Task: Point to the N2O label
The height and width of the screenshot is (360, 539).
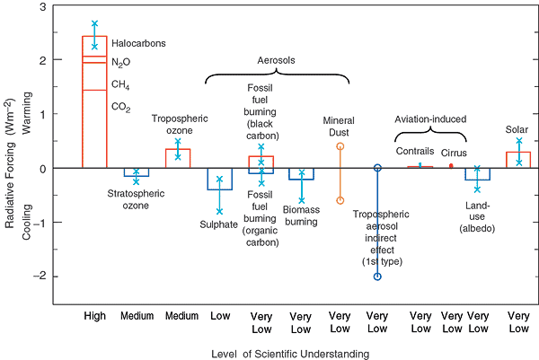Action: click(x=121, y=62)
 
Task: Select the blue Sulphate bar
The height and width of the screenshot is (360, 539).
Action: click(x=219, y=179)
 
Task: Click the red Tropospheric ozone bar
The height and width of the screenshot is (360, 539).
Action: click(x=178, y=159)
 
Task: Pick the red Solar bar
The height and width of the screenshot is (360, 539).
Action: click(x=518, y=160)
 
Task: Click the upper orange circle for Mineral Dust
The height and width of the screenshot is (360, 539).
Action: click(x=340, y=145)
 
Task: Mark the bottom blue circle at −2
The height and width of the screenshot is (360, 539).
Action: click(x=377, y=277)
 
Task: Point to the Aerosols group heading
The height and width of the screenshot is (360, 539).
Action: click(x=277, y=60)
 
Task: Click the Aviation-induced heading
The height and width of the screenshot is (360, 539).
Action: click(x=431, y=119)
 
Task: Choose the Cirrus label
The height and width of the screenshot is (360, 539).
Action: click(x=454, y=153)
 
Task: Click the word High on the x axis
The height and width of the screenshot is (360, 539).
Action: click(x=95, y=316)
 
